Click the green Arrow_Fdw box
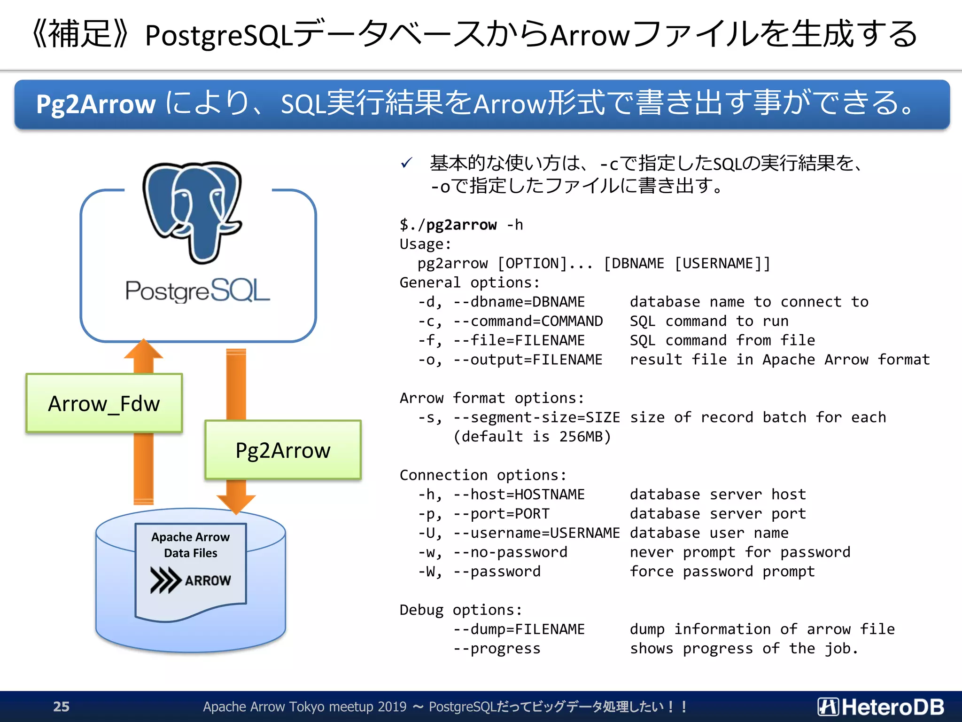(x=104, y=403)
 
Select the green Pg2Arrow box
(x=283, y=450)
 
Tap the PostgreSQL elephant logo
(x=193, y=212)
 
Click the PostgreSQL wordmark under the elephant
(x=197, y=290)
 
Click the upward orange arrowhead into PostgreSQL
(x=143, y=350)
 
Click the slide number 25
(x=61, y=706)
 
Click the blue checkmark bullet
(x=406, y=163)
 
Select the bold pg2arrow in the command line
(x=461, y=225)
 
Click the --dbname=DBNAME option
(x=519, y=302)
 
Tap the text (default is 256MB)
(x=532, y=437)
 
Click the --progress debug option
(x=497, y=649)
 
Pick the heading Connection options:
(x=483, y=475)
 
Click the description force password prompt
(x=722, y=572)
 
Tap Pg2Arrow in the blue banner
(x=96, y=104)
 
